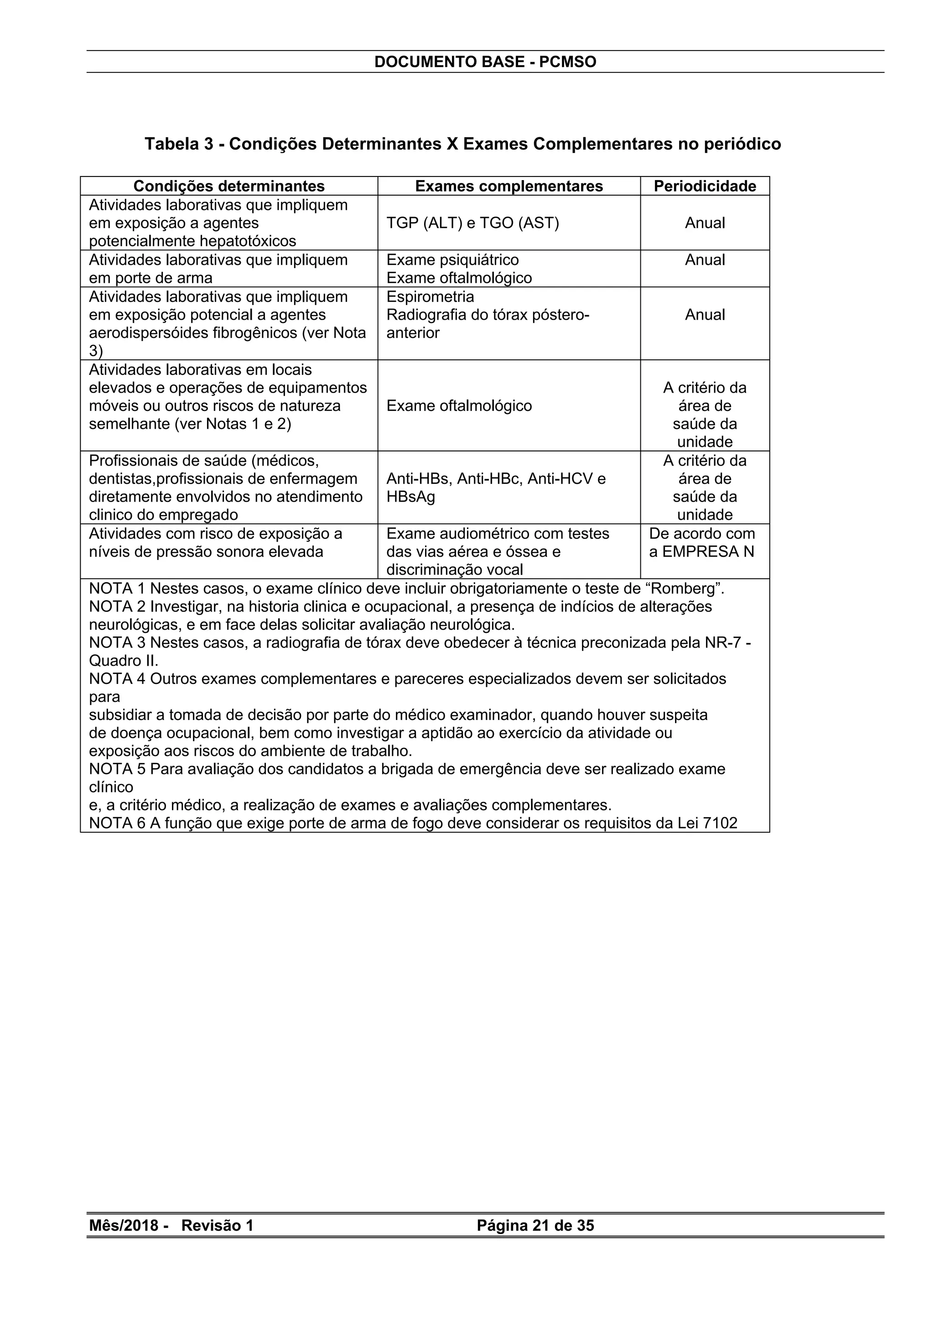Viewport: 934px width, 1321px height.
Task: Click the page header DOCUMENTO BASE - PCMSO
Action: pyautogui.click(x=485, y=62)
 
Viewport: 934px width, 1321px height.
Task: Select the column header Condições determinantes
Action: pyautogui.click(x=228, y=186)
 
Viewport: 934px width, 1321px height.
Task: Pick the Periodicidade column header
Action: pyautogui.click(x=705, y=186)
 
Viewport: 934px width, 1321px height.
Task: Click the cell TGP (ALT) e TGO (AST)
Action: pyautogui.click(x=472, y=223)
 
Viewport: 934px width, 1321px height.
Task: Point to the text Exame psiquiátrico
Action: pyautogui.click(x=452, y=260)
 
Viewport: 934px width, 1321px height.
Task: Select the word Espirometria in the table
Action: pyautogui.click(x=430, y=297)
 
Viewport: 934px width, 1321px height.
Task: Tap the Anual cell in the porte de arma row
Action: pyautogui.click(x=705, y=260)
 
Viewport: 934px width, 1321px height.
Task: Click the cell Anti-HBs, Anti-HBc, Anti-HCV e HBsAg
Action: pyautogui.click(x=495, y=487)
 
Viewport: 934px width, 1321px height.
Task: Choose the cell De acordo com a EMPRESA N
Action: pyautogui.click(x=701, y=543)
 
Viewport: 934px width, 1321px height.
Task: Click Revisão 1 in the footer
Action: pyautogui.click(x=217, y=1226)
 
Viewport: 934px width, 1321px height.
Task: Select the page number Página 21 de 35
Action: pyautogui.click(x=535, y=1226)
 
